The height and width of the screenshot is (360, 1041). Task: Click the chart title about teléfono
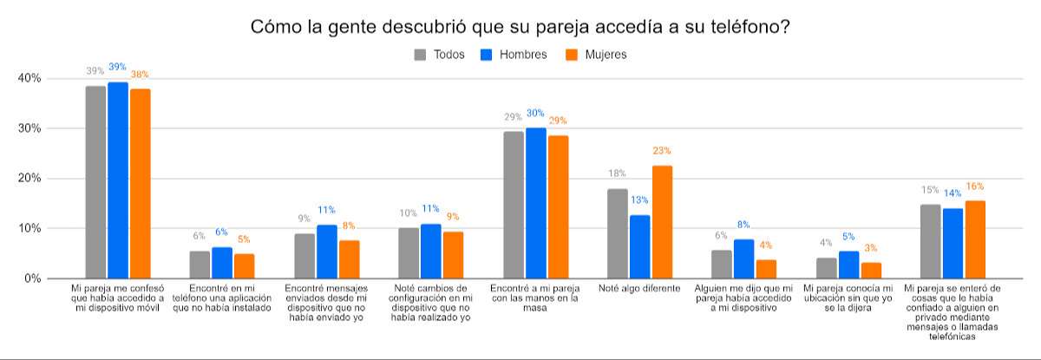pyautogui.click(x=520, y=27)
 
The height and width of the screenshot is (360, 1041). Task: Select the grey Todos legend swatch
pyautogui.click(x=421, y=55)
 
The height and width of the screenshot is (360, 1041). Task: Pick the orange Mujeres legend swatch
pyautogui.click(x=571, y=55)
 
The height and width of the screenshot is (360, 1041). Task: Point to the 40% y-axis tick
pyautogui.click(x=29, y=78)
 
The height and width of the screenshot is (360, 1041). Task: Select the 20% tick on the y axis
pyautogui.click(x=29, y=179)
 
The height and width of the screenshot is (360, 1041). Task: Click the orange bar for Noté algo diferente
pyautogui.click(x=662, y=222)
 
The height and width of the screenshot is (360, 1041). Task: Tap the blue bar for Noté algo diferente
pyautogui.click(x=640, y=246)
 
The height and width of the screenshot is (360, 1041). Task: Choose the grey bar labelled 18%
pyautogui.click(x=618, y=233)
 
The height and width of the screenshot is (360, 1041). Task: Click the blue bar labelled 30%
pyautogui.click(x=536, y=203)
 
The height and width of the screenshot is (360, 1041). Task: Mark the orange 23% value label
pyautogui.click(x=662, y=151)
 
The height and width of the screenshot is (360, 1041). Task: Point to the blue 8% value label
pyautogui.click(x=744, y=225)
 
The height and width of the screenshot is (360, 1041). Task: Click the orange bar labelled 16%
pyautogui.click(x=975, y=239)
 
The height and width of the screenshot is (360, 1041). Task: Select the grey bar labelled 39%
pyautogui.click(x=95, y=182)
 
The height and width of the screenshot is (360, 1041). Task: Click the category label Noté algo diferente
pyautogui.click(x=639, y=288)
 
